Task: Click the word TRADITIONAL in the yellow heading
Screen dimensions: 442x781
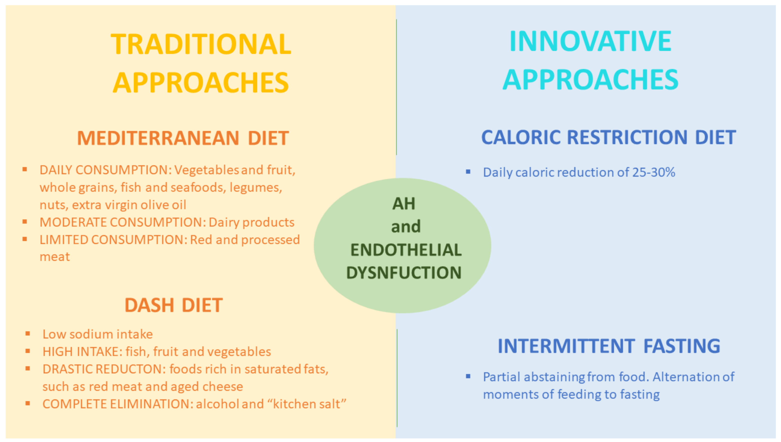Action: tap(201, 44)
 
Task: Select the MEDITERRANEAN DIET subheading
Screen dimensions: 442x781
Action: tap(183, 138)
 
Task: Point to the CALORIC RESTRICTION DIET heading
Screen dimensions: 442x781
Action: tap(608, 137)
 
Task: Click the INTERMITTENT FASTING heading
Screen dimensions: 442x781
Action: tap(608, 346)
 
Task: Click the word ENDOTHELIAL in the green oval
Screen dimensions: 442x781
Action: tap(406, 250)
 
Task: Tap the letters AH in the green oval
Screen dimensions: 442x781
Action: tap(403, 203)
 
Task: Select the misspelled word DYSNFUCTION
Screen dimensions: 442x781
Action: tap(404, 272)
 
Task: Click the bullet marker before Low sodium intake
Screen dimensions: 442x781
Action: tap(27, 333)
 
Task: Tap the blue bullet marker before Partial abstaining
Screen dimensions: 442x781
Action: tap(468, 376)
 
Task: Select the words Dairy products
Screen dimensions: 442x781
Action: tap(251, 222)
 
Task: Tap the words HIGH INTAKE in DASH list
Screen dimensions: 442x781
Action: tap(82, 351)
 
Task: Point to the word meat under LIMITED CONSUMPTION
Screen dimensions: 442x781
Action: tap(55, 257)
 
